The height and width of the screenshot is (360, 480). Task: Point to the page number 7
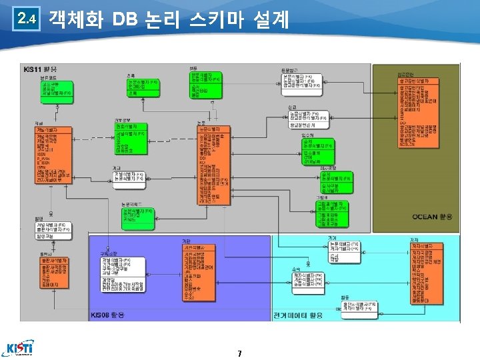point(239,353)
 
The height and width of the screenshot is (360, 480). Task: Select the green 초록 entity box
point(143,87)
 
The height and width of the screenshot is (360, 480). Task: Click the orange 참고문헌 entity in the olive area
point(419,113)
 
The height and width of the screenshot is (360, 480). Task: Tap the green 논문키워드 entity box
point(137,215)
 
